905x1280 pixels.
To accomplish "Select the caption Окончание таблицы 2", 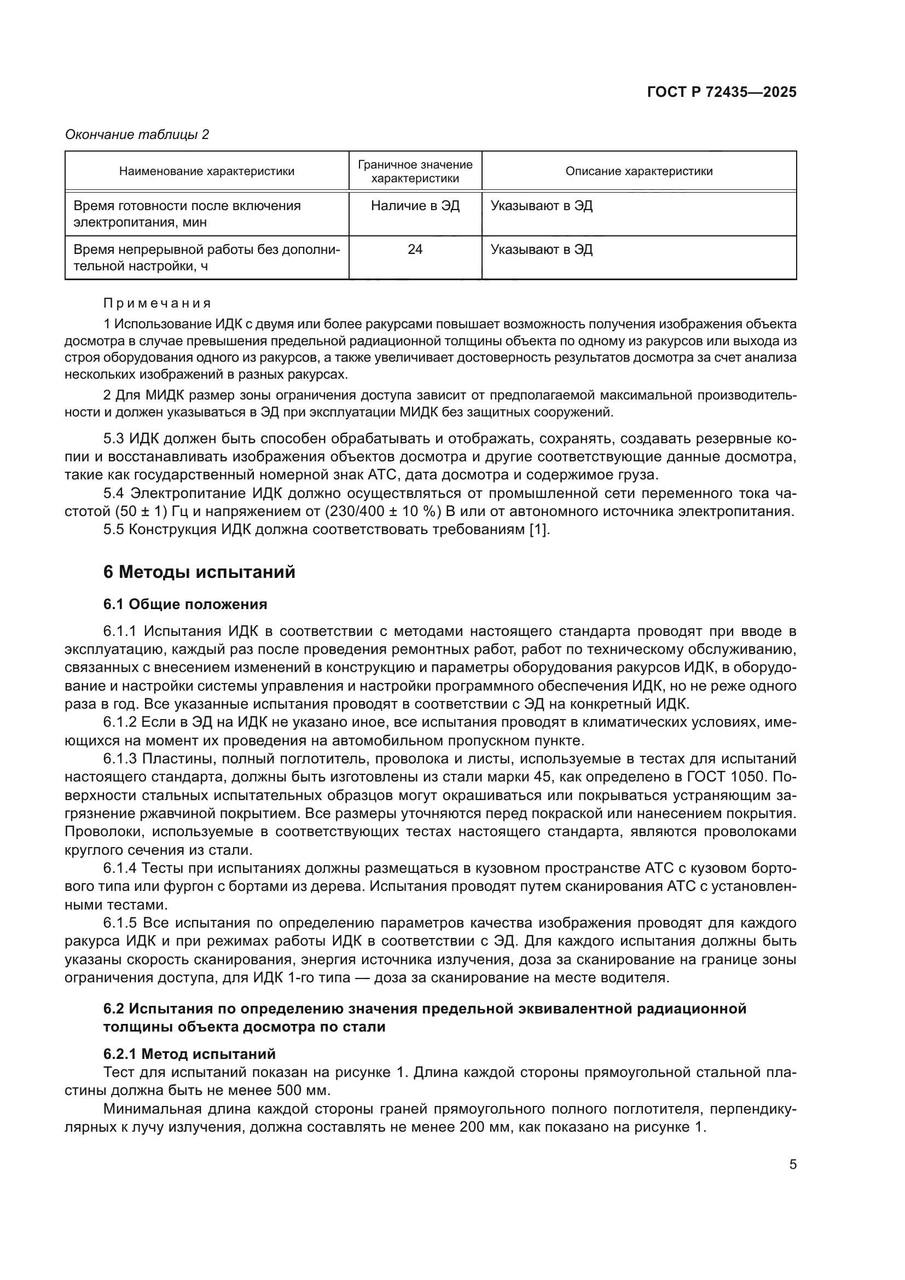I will (x=137, y=135).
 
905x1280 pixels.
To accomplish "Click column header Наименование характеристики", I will (x=207, y=171).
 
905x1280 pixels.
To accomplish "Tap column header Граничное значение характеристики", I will (x=415, y=171).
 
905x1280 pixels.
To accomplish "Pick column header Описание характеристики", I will (x=639, y=171).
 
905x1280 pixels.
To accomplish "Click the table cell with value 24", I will (x=415, y=249).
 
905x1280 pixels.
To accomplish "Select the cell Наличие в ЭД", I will (x=415, y=206).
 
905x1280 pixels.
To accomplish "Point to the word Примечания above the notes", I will (x=158, y=303).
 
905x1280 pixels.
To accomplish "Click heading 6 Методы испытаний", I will (x=200, y=572).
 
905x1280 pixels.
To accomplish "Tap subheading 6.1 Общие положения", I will (x=185, y=604).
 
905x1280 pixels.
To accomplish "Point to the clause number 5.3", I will (x=114, y=439).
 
